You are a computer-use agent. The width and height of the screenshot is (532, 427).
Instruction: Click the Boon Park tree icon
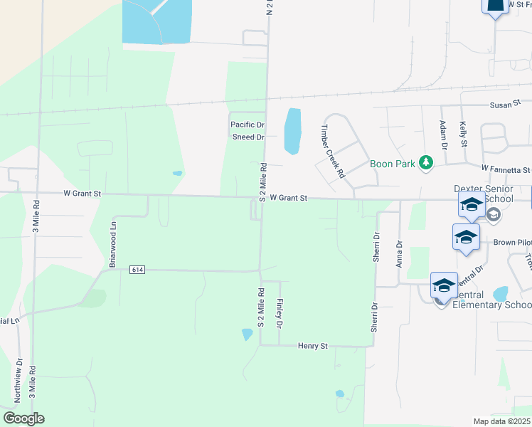426,163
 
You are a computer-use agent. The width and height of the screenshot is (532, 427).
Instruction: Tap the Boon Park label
393,163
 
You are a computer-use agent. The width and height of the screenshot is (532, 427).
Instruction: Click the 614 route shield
138,270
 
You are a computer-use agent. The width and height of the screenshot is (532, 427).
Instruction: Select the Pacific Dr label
248,125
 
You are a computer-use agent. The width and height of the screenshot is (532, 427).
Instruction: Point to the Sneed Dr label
248,137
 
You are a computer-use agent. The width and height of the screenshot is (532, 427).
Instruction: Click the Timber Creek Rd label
332,151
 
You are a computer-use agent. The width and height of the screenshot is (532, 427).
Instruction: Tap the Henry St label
312,346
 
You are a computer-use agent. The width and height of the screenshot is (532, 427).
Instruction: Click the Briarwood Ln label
112,244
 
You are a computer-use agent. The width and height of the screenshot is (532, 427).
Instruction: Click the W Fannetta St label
506,169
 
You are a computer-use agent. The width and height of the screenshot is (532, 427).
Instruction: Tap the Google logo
23,418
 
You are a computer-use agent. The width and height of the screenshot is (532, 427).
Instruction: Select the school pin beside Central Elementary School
444,287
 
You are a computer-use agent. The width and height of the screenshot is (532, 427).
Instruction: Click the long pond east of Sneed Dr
292,131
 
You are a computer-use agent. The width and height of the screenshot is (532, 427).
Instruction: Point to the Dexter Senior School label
482,194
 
